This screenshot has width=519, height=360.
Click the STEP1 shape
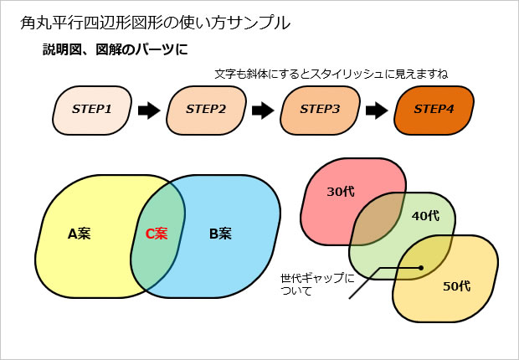click(91, 110)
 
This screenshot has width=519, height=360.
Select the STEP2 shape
click(206, 110)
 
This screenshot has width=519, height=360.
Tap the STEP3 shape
click(320, 110)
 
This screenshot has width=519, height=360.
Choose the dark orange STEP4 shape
click(434, 110)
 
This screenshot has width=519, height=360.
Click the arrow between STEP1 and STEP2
click(148, 111)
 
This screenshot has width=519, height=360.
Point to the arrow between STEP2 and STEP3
click(263, 111)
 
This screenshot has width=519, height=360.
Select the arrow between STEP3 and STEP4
click(377, 111)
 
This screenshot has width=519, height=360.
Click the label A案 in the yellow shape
click(79, 234)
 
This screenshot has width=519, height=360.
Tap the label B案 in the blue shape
click(220, 234)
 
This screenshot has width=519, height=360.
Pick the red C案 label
click(156, 234)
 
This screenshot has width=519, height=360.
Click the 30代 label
click(340, 191)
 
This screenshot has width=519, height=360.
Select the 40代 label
click(425, 216)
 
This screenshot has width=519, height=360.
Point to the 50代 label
click(456, 286)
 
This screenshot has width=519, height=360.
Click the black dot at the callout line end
click(421, 269)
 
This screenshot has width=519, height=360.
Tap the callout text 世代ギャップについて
click(316, 284)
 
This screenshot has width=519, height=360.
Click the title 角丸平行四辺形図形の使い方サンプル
click(155, 23)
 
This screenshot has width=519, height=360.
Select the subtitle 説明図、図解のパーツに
click(115, 49)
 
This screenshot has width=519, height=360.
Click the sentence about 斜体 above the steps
click(331, 74)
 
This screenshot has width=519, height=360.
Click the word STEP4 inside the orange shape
click(434, 110)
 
